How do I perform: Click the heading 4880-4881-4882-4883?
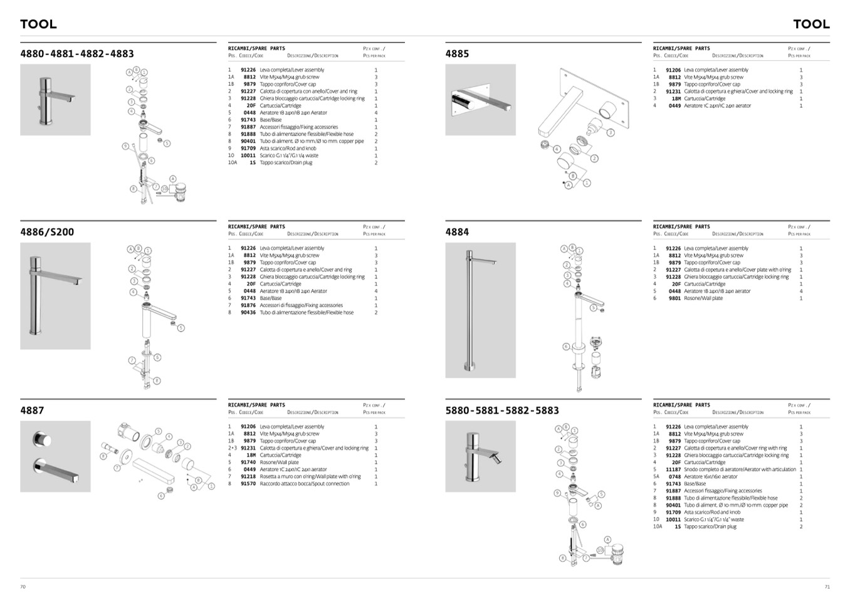[x=77, y=54]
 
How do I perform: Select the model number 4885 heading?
[x=457, y=54]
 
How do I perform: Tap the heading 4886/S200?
[x=47, y=232]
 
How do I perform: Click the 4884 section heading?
[x=457, y=232]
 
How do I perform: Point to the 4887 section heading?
[x=32, y=410]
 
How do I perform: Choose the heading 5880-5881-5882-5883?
[x=502, y=410]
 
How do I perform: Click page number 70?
[x=23, y=587]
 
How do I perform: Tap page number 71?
[x=827, y=587]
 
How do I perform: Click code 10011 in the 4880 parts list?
[x=248, y=155]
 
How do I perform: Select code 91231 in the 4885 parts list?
[x=673, y=91]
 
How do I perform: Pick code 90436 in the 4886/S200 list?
[x=248, y=313]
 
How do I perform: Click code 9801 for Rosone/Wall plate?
[x=674, y=298]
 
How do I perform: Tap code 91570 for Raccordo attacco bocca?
[x=248, y=484]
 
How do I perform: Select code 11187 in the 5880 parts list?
[x=673, y=469]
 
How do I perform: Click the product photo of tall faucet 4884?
[x=480, y=310]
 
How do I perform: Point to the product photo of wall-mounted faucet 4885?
[x=480, y=100]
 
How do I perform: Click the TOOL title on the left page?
[x=38, y=24]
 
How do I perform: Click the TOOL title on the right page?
[x=811, y=24]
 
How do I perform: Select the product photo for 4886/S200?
[x=55, y=296]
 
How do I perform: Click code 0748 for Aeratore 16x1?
[x=674, y=477]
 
